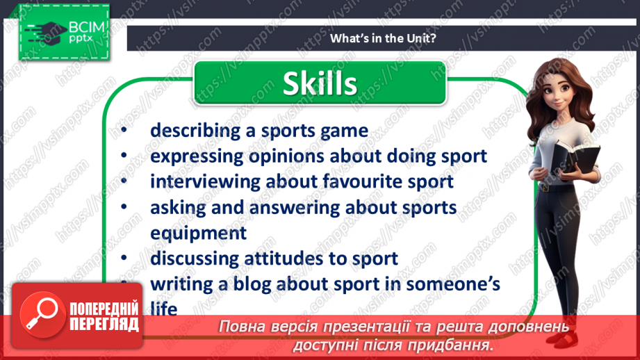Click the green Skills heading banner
(320, 83)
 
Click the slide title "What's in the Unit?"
(383, 38)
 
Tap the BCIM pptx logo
(64, 32)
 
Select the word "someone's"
(453, 284)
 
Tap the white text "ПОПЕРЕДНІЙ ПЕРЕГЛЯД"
(104, 316)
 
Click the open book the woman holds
(576, 157)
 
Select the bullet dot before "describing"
(124, 131)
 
